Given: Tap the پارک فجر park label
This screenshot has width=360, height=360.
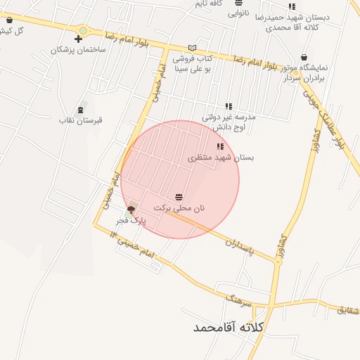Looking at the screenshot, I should pyautogui.click(x=130, y=221).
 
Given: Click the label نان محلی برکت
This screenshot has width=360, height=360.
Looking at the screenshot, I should pyautogui.click(x=179, y=208).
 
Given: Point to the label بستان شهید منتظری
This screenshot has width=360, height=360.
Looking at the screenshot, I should pyautogui.click(x=220, y=158).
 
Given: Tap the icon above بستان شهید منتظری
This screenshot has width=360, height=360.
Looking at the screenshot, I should pyautogui.click(x=220, y=147).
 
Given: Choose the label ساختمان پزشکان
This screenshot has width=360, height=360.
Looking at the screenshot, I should pyautogui.click(x=78, y=51).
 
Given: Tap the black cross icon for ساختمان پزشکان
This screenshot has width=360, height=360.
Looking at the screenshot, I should pyautogui.click(x=78, y=39).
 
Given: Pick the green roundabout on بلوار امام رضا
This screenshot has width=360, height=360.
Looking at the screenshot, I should pyautogui.click(x=83, y=30).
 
